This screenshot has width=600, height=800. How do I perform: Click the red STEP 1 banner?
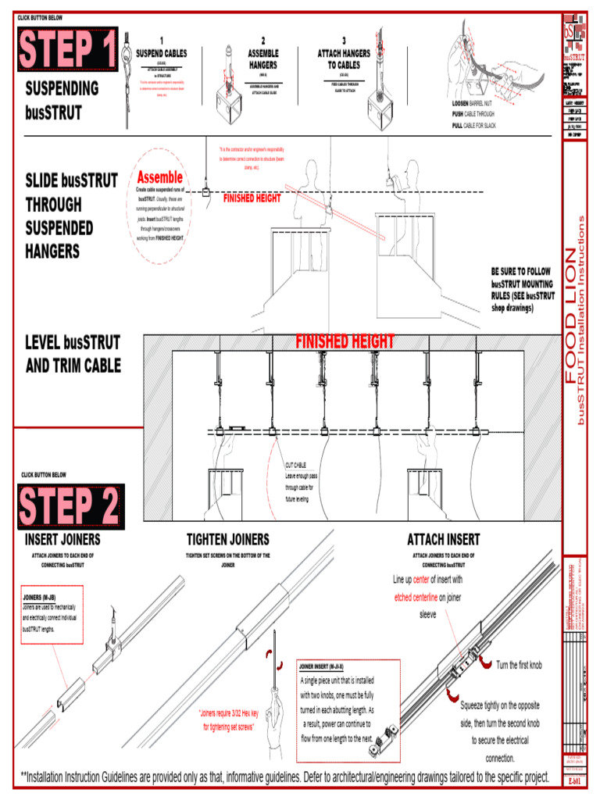click(x=67, y=48)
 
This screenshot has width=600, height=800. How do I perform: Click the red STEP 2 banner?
click(x=69, y=507)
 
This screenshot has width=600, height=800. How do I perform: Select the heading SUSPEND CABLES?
click(x=161, y=53)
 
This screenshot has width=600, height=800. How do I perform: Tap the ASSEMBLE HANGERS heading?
click(x=263, y=59)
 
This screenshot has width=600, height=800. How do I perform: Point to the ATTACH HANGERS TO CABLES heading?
click(x=344, y=59)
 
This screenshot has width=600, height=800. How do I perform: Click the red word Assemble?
click(x=160, y=177)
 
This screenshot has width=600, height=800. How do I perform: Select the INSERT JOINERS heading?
click(x=62, y=540)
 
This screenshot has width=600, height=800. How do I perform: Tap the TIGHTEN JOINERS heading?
click(x=227, y=540)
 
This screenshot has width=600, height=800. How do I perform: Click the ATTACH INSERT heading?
click(x=443, y=540)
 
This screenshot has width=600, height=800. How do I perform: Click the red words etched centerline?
click(x=416, y=598)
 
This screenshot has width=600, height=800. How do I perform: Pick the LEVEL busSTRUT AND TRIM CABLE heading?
click(x=73, y=354)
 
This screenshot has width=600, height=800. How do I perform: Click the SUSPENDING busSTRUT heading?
click(x=62, y=99)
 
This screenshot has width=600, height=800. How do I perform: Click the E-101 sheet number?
click(x=574, y=780)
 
